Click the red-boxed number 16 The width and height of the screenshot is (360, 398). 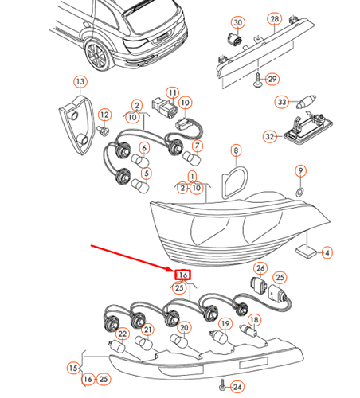point(182,275)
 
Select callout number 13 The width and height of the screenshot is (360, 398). point(80,81)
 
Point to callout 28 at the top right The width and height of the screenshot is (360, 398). point(274,18)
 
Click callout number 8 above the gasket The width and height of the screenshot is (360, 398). point(235,150)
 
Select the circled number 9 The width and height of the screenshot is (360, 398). point(300,170)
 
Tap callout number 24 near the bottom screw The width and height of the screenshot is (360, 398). point(237,387)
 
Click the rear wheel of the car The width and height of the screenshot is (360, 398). point(97,56)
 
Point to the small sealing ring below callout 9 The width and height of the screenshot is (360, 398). point(299,192)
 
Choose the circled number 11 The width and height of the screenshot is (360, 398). point(170,94)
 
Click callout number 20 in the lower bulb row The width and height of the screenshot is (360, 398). point(185,327)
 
